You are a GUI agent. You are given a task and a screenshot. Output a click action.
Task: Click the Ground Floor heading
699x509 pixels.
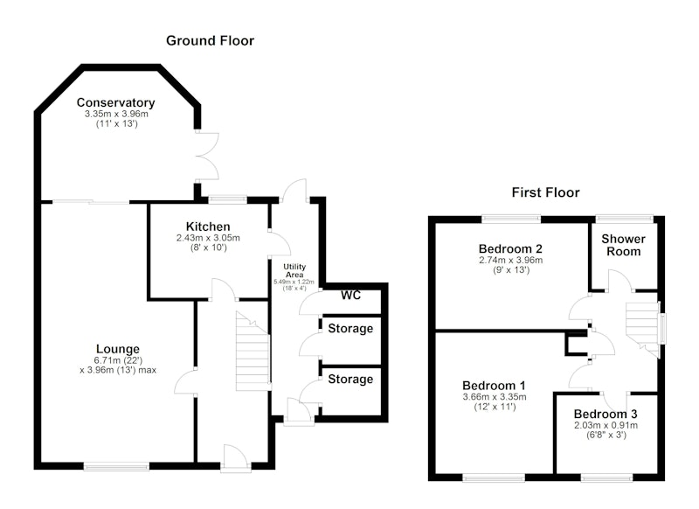click(210, 41)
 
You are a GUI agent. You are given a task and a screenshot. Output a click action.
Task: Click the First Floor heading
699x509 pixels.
click(545, 192)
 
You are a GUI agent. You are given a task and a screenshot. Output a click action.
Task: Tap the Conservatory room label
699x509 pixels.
click(116, 102)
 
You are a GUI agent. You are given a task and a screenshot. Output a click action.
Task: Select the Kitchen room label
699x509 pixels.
click(208, 227)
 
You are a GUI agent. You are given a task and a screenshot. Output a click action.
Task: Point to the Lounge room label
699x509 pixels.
click(118, 349)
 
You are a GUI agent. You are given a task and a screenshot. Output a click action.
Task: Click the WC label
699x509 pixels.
click(351, 296)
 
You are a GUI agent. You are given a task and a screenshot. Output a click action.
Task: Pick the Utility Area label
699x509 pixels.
click(294, 271)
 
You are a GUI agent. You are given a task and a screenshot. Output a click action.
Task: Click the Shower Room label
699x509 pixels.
click(623, 245)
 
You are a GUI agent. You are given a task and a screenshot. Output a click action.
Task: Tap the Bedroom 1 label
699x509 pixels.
click(494, 386)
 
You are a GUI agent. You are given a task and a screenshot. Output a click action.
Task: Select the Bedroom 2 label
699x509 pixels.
click(510, 248)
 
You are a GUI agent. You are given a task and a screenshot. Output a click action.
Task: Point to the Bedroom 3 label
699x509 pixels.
click(606, 414)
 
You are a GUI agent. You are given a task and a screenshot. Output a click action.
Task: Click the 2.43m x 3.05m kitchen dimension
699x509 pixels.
click(208, 238)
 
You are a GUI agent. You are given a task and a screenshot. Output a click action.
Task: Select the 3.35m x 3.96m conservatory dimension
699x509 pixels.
click(116, 115)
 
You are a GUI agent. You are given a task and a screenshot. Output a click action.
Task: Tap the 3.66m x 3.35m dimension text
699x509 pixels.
click(495, 397)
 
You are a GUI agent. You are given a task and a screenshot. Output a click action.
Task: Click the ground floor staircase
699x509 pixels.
click(253, 351)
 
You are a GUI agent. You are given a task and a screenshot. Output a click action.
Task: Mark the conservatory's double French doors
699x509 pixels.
click(207, 157)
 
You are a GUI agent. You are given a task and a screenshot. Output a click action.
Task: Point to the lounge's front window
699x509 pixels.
click(116, 467)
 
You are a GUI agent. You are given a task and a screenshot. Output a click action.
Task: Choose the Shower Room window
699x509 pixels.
click(625, 219)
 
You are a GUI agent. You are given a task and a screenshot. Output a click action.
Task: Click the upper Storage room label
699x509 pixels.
click(350, 329)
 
